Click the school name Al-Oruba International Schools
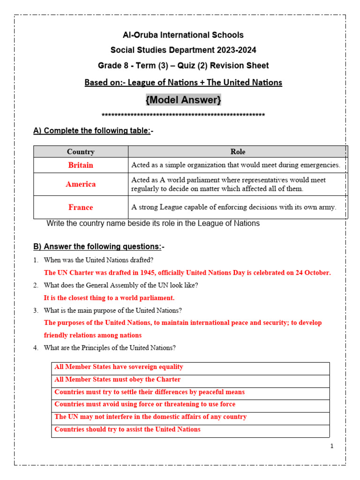(x=183, y=35)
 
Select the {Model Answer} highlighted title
(x=183, y=100)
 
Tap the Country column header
(x=81, y=151)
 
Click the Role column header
(x=238, y=151)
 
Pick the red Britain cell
(x=81, y=165)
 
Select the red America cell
(x=81, y=184)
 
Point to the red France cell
(x=81, y=207)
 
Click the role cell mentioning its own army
(x=234, y=207)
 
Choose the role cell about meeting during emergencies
(x=236, y=165)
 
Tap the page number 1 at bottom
(x=332, y=446)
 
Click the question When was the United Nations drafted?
(x=98, y=260)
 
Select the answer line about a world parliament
(x=109, y=298)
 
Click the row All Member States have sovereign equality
(x=119, y=367)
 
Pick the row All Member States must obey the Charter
(x=117, y=380)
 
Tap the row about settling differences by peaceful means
(x=150, y=392)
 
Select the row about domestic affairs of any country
(x=150, y=417)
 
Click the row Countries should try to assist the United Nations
(x=127, y=429)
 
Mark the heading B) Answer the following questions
(x=98, y=247)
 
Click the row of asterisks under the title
(x=183, y=115)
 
